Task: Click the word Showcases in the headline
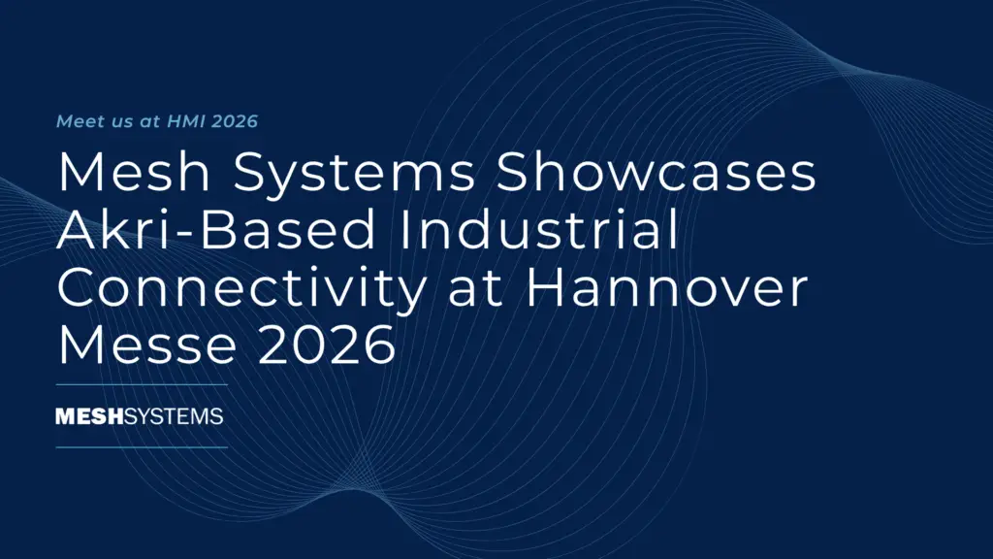click(657, 172)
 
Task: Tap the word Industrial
click(539, 229)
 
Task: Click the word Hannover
click(667, 287)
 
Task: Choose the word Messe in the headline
click(147, 345)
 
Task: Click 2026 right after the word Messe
click(327, 345)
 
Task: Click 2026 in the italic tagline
click(235, 121)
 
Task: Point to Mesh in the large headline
click(134, 172)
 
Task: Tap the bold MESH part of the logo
click(89, 416)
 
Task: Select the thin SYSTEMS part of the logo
click(174, 416)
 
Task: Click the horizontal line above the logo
click(142, 384)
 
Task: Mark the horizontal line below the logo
click(142, 447)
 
